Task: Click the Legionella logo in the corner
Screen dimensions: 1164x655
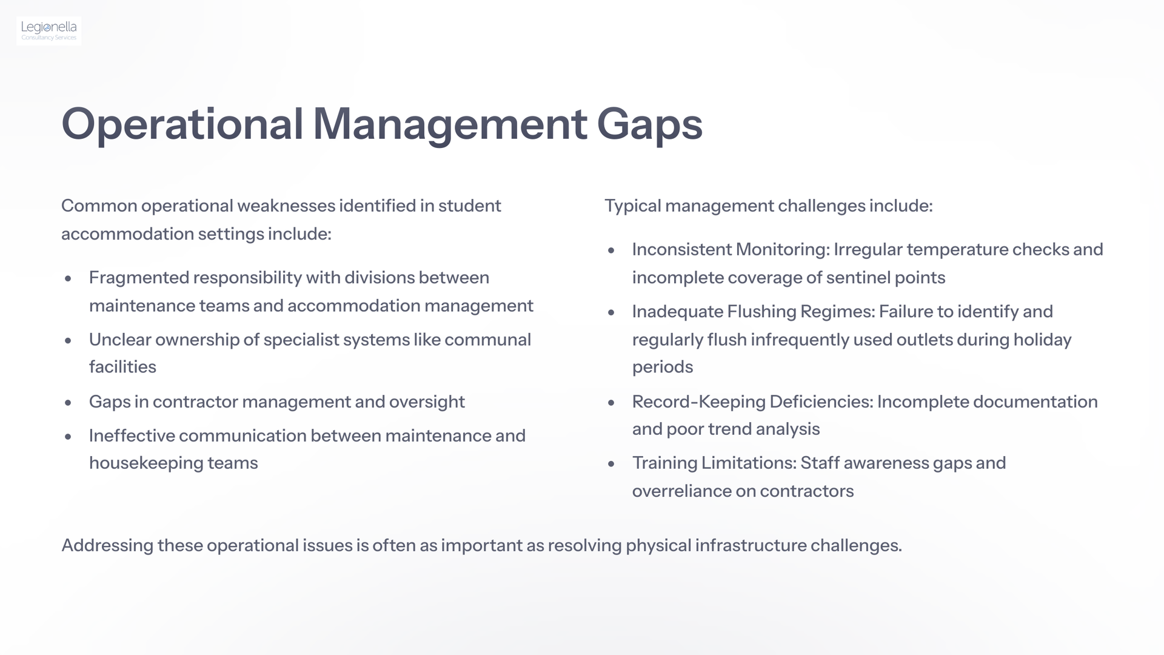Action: point(49,31)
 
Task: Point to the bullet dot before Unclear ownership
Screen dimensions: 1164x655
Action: point(68,340)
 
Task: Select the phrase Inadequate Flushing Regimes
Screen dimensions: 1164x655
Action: point(754,312)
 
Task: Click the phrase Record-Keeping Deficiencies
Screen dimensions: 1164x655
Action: point(753,401)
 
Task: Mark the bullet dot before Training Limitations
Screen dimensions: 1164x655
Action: point(611,464)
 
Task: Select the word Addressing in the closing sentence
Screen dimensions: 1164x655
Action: point(107,546)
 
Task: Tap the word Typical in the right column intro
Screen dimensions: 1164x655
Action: point(632,206)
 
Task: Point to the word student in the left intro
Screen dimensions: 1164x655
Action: point(470,206)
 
